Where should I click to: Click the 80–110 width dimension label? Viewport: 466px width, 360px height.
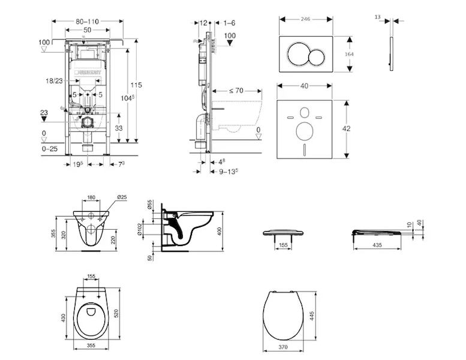point(88,21)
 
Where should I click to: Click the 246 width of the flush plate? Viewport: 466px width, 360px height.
point(306,19)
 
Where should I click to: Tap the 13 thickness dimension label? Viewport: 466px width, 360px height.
point(377,18)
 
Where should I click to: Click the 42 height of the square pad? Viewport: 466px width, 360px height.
point(354,128)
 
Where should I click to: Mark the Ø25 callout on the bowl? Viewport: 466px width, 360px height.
point(121,197)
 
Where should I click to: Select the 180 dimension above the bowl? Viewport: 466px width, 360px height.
point(91,197)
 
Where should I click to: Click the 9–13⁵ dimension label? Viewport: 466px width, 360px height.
point(227,170)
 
